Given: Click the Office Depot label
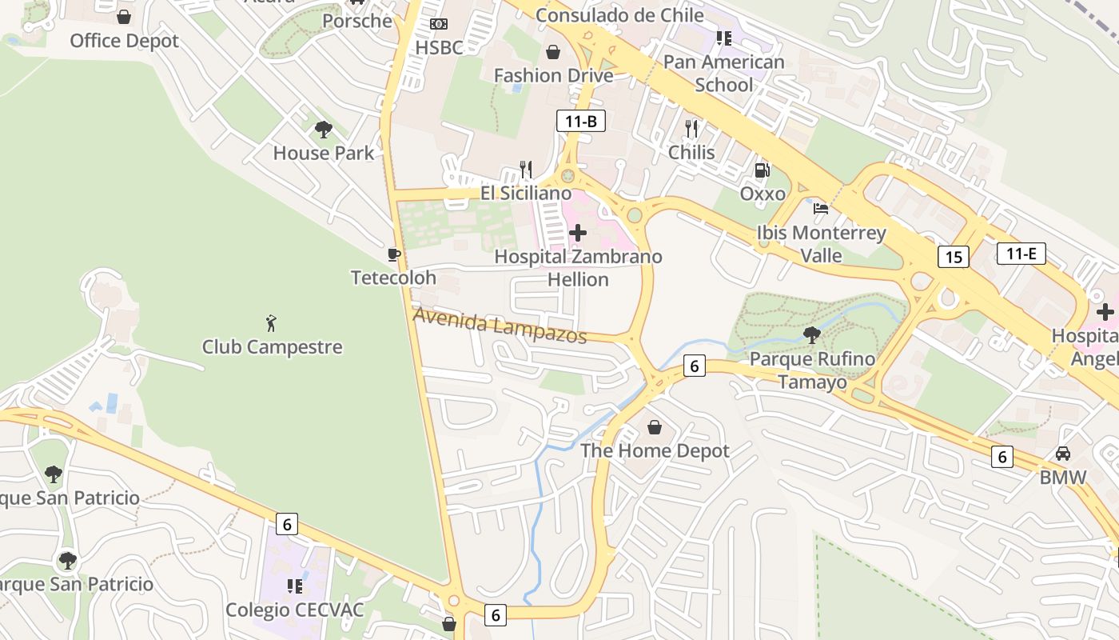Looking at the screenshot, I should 124,41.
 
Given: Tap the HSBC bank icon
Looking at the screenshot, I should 439,24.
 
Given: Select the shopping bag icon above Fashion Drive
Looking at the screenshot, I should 553,53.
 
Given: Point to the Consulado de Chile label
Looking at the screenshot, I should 619,15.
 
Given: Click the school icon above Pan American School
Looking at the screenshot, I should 724,38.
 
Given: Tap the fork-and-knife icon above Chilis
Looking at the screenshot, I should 691,128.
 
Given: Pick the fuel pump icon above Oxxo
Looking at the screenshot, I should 763,170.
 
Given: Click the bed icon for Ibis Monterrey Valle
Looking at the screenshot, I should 821,210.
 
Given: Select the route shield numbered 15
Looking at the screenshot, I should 953,257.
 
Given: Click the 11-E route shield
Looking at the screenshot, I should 1021,254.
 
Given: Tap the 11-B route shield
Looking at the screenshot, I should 581,122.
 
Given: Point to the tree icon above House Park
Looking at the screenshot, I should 323,130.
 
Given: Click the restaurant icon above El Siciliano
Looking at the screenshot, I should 526,170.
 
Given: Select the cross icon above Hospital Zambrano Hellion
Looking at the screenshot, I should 578,234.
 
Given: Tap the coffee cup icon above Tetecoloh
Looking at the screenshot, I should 393,254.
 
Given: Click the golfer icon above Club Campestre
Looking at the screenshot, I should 272,323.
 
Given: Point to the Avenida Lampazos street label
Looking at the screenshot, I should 500,326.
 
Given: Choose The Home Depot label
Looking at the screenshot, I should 655,450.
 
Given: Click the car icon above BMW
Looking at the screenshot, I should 1063,454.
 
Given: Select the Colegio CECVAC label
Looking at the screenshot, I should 294,610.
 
